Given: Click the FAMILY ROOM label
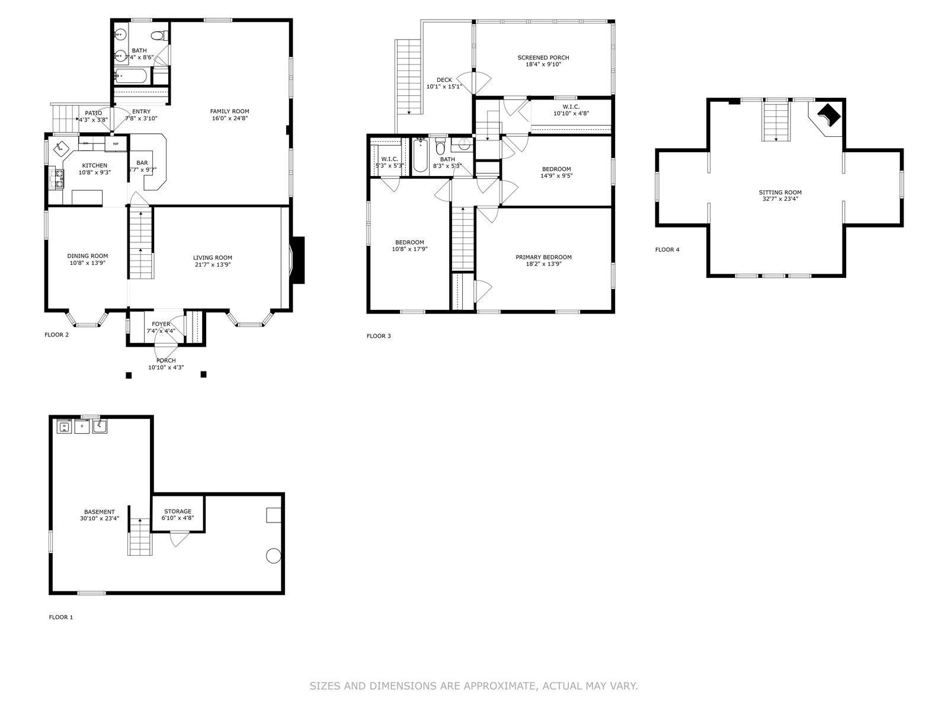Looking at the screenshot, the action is [x=229, y=111].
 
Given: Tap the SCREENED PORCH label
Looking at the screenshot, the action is [x=543, y=57].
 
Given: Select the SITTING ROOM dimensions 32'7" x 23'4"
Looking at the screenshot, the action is [x=780, y=199].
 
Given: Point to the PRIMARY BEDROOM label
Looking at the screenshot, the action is [x=543, y=257].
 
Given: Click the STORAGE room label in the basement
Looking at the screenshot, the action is [x=178, y=511].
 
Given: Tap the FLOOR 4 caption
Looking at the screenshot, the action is [x=667, y=249].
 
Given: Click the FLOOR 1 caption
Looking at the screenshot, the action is [x=61, y=617].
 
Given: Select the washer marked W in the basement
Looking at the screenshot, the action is [x=65, y=427].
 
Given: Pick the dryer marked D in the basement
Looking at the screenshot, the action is [x=82, y=427].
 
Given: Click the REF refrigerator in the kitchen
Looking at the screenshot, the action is [x=116, y=144].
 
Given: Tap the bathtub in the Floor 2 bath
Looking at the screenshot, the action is [x=132, y=76].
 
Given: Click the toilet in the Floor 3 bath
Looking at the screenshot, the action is [x=440, y=146].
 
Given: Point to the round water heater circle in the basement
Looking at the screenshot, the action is [x=273, y=556].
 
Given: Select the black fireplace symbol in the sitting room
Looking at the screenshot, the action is [x=829, y=116].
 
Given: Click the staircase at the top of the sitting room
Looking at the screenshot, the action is [x=776, y=121].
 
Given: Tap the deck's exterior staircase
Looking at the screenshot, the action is [x=408, y=77].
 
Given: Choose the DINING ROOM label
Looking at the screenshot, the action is [x=88, y=256].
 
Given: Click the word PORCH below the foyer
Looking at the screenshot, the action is [x=166, y=360].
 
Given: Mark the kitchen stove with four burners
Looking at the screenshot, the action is [x=57, y=178].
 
